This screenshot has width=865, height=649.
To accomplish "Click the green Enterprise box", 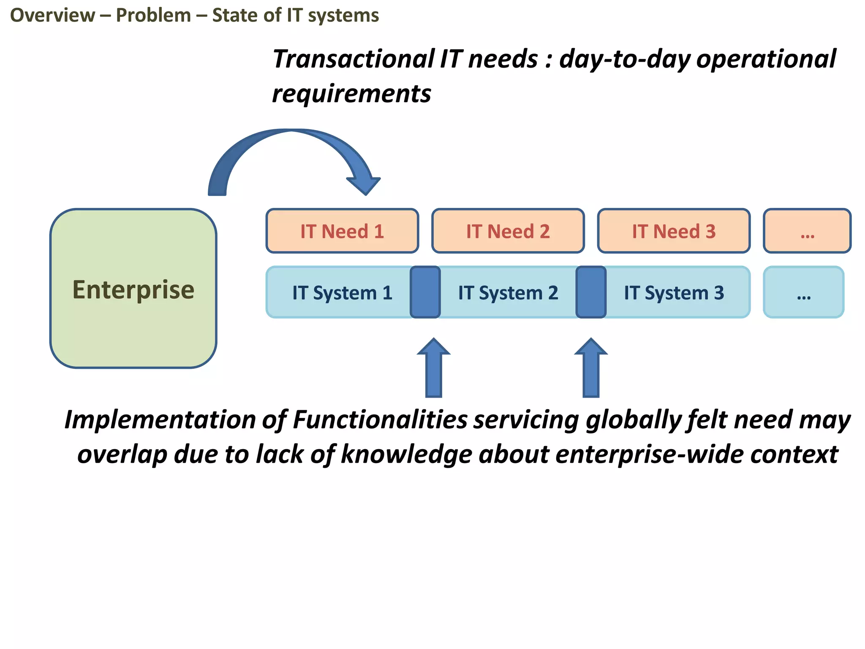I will coord(133,288).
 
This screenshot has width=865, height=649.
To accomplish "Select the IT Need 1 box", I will coord(342,231).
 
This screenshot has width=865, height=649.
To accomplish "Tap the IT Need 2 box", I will coord(508,231).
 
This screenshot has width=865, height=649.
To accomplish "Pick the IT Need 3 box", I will coord(674,231).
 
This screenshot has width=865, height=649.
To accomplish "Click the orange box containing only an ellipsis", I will coord(807,231).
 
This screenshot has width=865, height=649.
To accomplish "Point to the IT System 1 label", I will coord(342,293).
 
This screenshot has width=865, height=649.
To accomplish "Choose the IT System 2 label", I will coord(508,293).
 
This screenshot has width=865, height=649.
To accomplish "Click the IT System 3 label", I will coord(674,293).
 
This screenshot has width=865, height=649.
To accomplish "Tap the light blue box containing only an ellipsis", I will coord(803,292).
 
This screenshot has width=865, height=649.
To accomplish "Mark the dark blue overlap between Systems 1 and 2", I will coord(425,292).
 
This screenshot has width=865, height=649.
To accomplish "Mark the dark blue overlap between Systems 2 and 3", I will coord(591,292).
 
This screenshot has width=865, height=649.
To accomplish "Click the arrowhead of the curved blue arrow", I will coord(364,184).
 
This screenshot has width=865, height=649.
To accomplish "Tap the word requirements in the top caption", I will coord(351,94).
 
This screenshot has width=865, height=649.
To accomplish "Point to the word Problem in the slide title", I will coord(153,15).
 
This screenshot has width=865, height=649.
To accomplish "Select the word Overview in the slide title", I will coord(52,15).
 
